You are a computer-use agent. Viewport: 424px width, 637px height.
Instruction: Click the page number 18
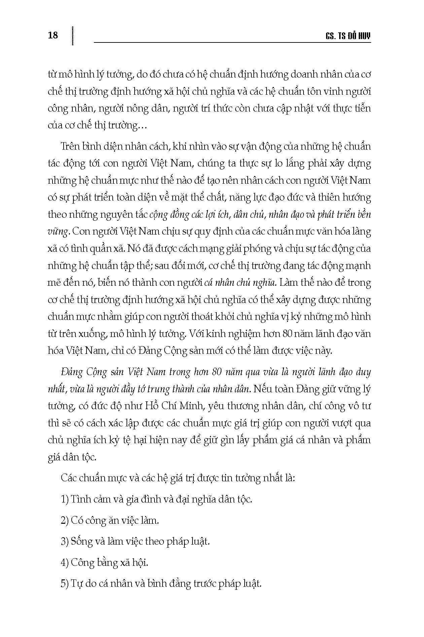click(53, 35)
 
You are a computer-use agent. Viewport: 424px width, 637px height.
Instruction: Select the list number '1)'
click(65, 499)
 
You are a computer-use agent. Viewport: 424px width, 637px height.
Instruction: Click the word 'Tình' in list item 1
click(80, 499)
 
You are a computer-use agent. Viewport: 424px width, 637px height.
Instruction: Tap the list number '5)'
click(65, 583)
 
